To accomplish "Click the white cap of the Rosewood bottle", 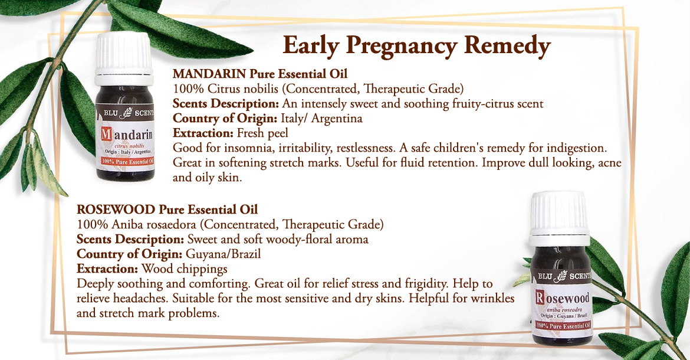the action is click(559, 219).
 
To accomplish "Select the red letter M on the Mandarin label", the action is click(106, 134).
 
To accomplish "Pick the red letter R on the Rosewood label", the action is click(540, 297).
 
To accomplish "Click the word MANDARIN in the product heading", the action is click(209, 74).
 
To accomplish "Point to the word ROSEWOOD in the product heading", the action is click(116, 210).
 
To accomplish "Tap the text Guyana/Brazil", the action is click(223, 254).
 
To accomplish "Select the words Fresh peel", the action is click(262, 133).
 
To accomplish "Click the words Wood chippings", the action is click(185, 269).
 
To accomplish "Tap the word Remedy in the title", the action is click(507, 45).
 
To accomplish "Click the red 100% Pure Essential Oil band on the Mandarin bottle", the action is click(127, 162).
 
